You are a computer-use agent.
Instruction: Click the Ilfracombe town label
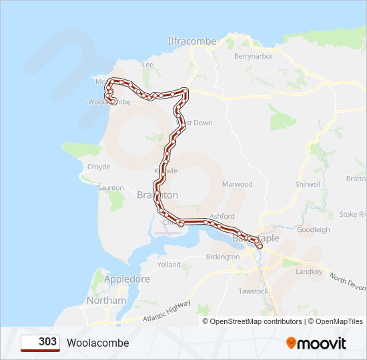coord(192,41)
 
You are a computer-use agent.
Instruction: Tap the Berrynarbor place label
coord(252,57)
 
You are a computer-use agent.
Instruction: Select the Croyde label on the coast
coord(99,167)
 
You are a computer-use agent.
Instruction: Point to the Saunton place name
coord(111,188)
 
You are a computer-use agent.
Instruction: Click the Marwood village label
coord(237,184)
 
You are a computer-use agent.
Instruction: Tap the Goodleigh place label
coord(313,230)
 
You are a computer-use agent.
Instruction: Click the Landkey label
coord(309,272)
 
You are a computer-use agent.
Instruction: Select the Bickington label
coord(223,257)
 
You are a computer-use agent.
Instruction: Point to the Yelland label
coord(169,265)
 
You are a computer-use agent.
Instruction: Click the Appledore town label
coord(127,279)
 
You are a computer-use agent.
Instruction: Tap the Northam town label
coord(107,301)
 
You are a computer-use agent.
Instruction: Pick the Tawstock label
coord(253,291)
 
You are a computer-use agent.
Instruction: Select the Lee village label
coord(147,65)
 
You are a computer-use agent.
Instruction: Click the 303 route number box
coord(40,343)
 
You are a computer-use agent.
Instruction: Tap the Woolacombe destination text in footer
coord(97,343)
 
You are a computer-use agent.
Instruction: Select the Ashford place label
coord(222,217)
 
